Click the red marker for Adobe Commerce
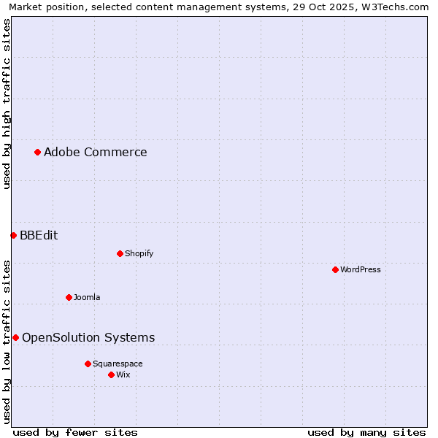pyautogui.click(x=37, y=152)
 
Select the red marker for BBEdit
pyautogui.click(x=13, y=235)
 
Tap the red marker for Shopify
pyautogui.click(x=120, y=253)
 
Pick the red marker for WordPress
pyautogui.click(x=335, y=269)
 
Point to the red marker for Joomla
pyautogui.click(x=69, y=297)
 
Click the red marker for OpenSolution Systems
pyautogui.click(x=15, y=337)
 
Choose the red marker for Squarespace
pyautogui.click(x=88, y=364)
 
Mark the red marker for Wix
pyautogui.click(x=111, y=374)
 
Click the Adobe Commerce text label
pyautogui.click(x=95, y=152)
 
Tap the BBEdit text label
pyautogui.click(x=39, y=235)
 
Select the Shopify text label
pyautogui.click(x=139, y=253)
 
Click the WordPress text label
pyautogui.click(x=360, y=269)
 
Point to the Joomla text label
pyautogui.click(x=87, y=297)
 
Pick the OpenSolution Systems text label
pyautogui.click(x=88, y=337)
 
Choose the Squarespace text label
pyautogui.click(x=118, y=364)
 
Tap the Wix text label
pyautogui.click(x=123, y=374)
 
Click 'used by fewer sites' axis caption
pyautogui.click(x=75, y=432)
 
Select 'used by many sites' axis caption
pyautogui.click(x=366, y=432)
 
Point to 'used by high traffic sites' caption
pyautogui.click(x=7, y=104)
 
